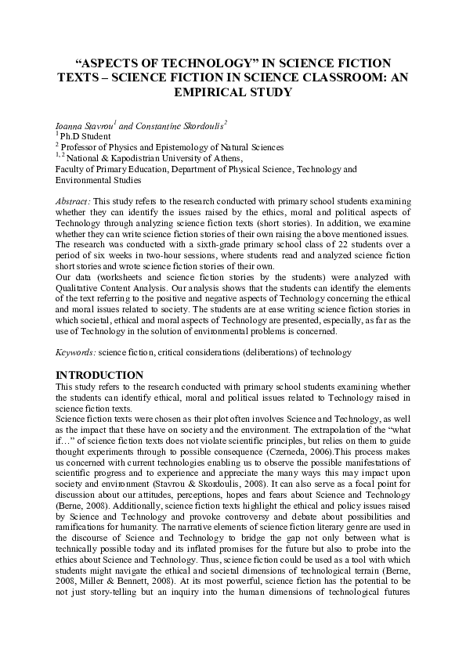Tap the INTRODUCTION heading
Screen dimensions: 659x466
point(99,375)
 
